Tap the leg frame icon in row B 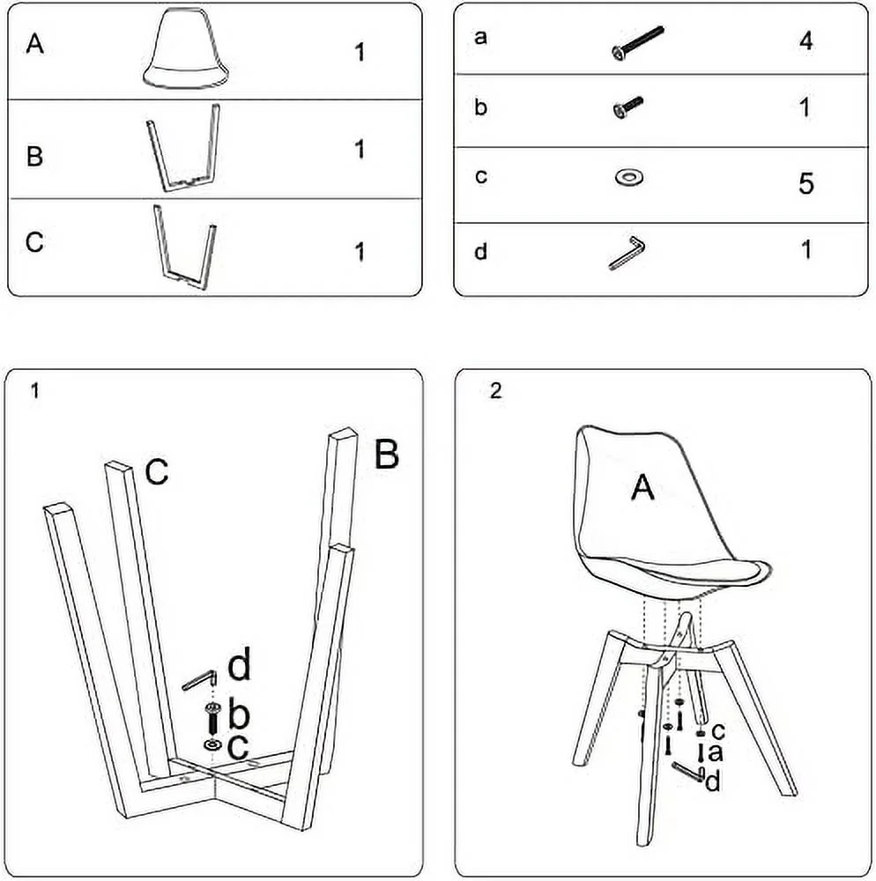point(182,149)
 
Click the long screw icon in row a point(635,42)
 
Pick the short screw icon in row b point(627,107)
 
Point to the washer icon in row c point(628,178)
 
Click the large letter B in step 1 point(386,455)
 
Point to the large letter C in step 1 point(157,473)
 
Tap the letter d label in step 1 point(239,667)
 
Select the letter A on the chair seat point(643,486)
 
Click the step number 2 point(495,391)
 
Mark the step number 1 point(34,391)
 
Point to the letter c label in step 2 point(717,730)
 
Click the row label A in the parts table point(34,44)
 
